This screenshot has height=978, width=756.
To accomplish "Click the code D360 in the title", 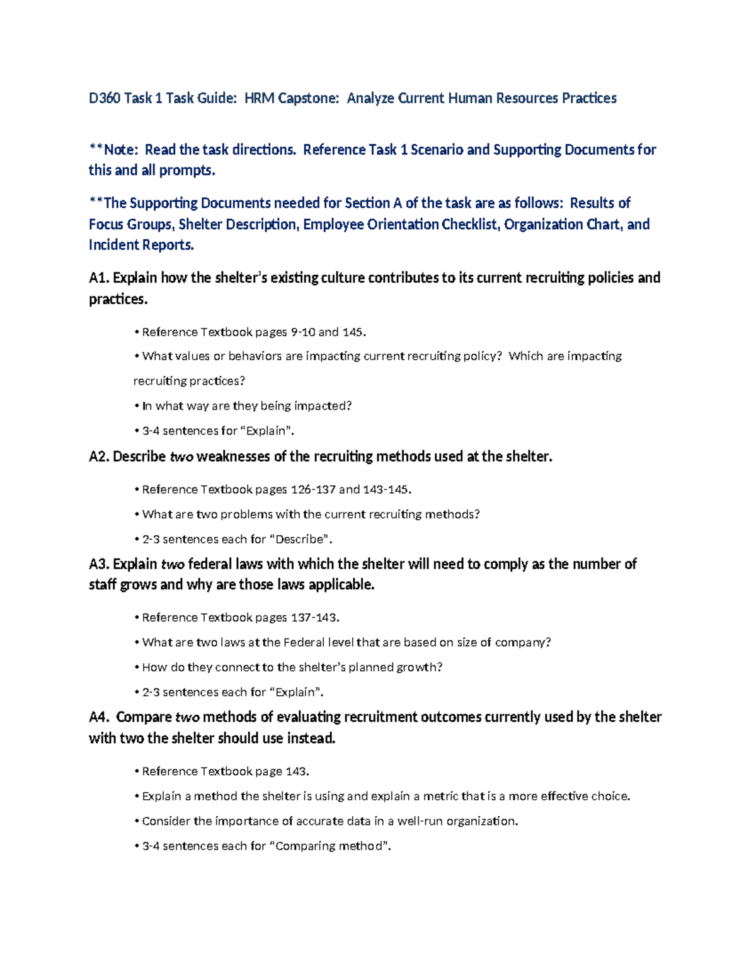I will pos(105,98).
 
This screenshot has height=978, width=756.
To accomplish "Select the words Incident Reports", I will pos(141,245).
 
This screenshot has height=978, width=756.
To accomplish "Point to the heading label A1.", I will pos(99,278).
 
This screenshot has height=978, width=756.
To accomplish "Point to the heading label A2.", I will pos(99,457).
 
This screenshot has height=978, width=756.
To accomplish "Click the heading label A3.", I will pos(99,564).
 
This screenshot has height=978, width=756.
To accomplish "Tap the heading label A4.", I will pos(99,717).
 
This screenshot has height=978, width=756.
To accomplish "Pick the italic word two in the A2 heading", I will pos(181,457).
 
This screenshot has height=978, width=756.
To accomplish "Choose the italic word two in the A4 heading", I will pos(188,717).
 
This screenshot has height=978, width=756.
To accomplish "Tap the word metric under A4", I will pos(440,796).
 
